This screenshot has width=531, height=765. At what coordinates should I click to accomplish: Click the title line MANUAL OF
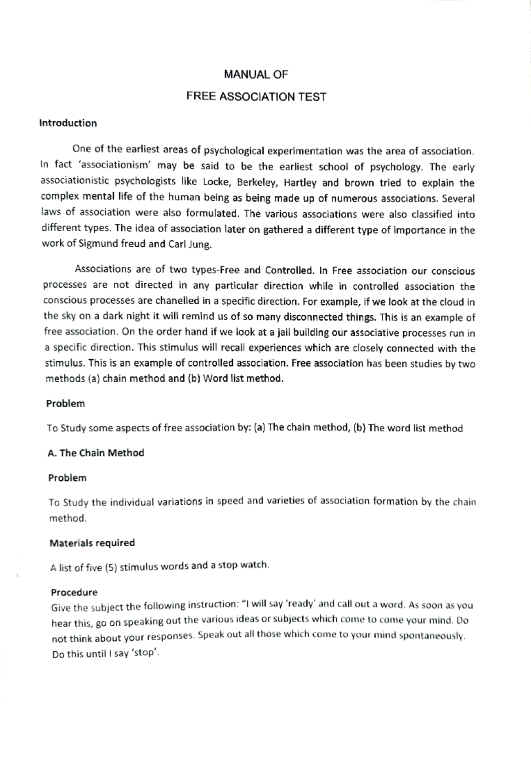[x=256, y=75]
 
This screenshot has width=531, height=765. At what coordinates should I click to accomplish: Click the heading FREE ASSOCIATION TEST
[x=256, y=97]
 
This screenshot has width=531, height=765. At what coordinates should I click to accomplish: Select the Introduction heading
[x=68, y=123]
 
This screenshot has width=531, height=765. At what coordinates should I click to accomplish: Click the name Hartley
[x=300, y=183]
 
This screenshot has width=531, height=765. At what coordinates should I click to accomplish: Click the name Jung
[x=200, y=245]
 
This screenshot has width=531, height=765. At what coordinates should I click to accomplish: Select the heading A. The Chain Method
[x=96, y=453]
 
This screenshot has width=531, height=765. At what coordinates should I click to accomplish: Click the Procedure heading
[x=74, y=593]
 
